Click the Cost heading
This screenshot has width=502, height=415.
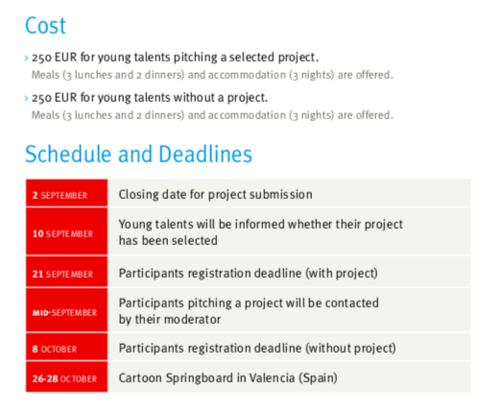point(45,26)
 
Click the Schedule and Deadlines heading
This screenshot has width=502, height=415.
point(138,154)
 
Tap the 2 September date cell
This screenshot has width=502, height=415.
point(66,193)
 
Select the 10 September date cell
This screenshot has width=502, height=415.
point(66,232)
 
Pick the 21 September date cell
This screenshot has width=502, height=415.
point(66,272)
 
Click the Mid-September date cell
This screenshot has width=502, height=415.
point(66,310)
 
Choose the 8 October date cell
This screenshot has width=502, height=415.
point(66,347)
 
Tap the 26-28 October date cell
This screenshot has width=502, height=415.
point(66,377)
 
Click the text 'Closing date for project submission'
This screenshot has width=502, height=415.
point(215,195)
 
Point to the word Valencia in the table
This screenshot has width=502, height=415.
point(272,378)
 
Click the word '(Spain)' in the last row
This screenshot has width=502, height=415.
point(319,378)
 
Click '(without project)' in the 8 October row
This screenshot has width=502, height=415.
point(350,349)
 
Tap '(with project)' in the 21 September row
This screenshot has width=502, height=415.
point(342,274)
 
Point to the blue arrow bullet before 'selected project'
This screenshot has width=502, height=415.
point(27,58)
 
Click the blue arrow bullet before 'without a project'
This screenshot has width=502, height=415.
point(27,98)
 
